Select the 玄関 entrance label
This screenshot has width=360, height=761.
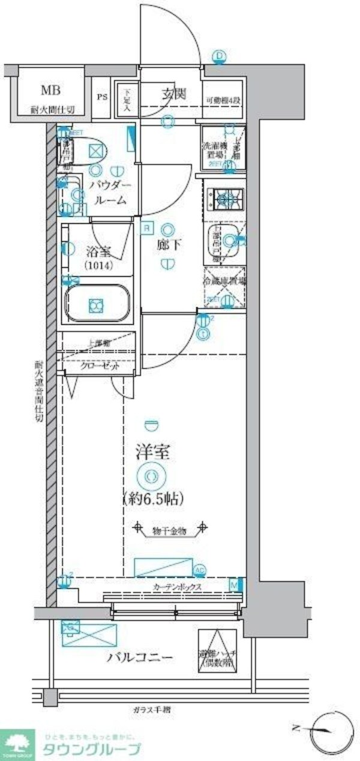(174, 94)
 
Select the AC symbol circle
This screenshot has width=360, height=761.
(200, 570)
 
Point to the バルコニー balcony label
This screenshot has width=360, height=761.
(140, 657)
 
